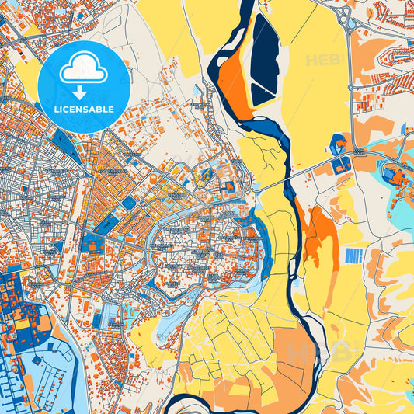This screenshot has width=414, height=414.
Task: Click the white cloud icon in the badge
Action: pyautogui.click(x=84, y=70)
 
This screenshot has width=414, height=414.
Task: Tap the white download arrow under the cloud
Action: pyautogui.click(x=84, y=93)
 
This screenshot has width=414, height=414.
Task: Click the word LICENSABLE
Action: pyautogui.click(x=84, y=110)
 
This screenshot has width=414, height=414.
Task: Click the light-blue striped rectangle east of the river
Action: pyautogui.click(x=353, y=255)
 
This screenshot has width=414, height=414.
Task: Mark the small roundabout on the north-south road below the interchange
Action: pyautogui.click(x=360, y=151)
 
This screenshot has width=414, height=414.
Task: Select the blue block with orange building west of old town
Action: pyautogui.click(x=92, y=245)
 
